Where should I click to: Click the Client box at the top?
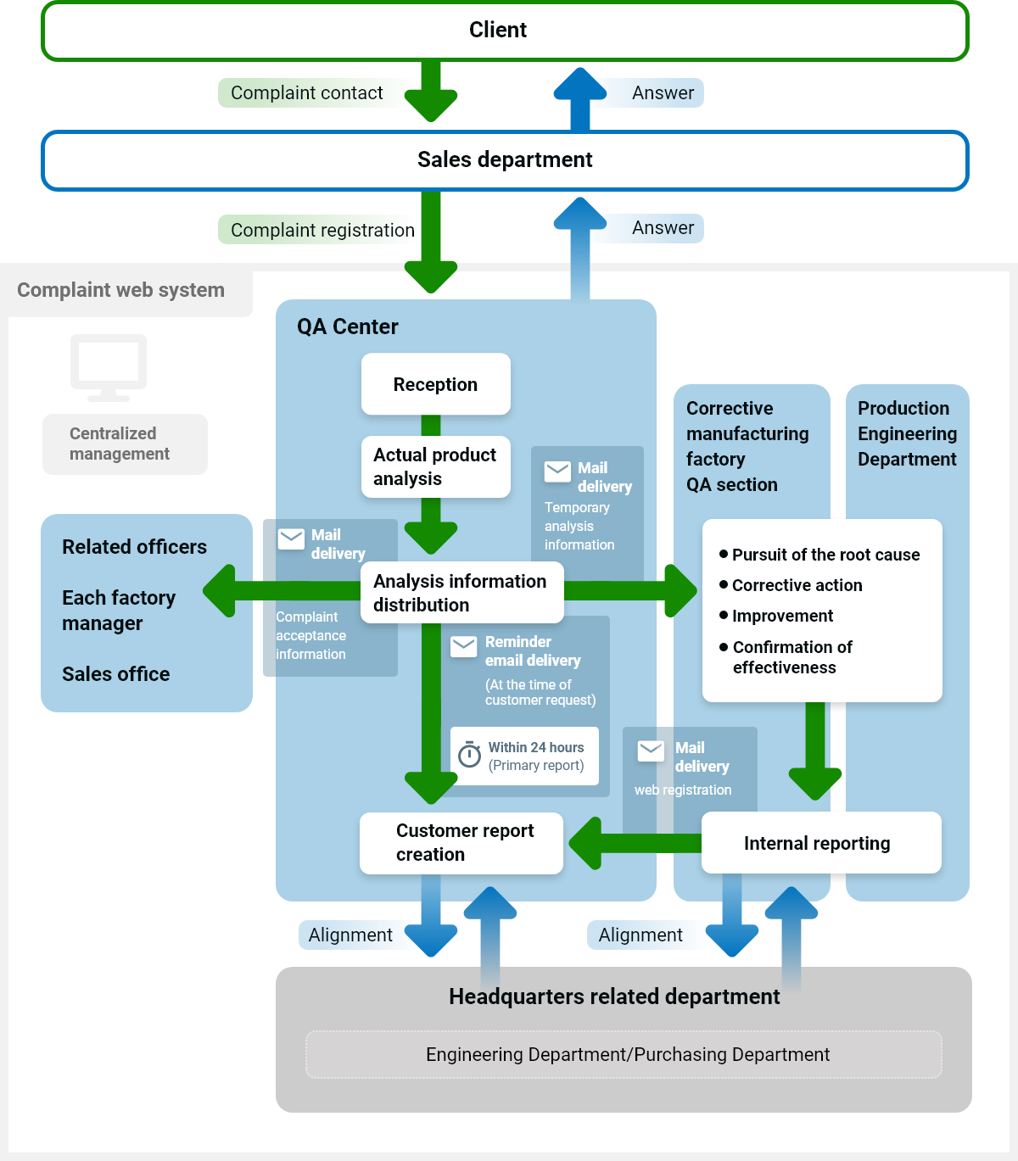click(505, 31)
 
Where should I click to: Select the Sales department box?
click(505, 160)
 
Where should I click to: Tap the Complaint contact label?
click(307, 93)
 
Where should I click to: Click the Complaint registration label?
click(322, 230)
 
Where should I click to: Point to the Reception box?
click(435, 384)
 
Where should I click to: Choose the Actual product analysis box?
click(435, 466)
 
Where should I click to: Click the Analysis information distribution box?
click(461, 593)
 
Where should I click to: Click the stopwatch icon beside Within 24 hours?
click(469, 754)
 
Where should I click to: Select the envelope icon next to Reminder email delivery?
click(463, 646)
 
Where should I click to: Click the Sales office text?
click(116, 674)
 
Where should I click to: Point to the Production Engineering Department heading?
click(907, 433)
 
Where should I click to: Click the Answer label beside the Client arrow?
click(663, 93)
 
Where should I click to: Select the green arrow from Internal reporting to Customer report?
click(632, 843)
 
